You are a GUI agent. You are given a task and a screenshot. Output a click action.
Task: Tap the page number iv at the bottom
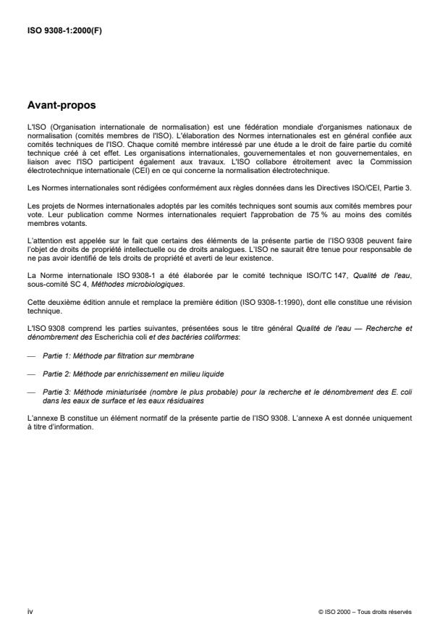29,611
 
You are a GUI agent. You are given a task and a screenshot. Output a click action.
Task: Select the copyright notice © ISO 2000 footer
365,612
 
